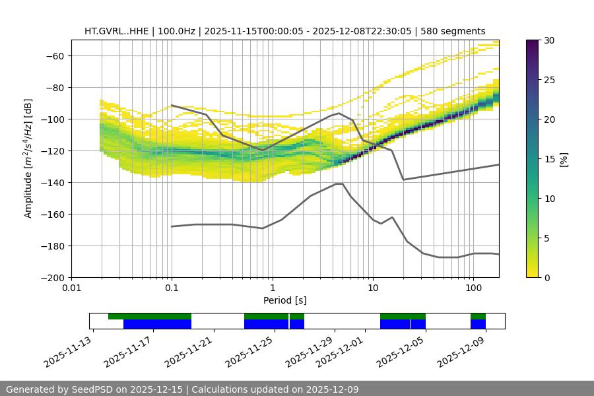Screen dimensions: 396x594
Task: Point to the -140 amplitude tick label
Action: pos(53,182)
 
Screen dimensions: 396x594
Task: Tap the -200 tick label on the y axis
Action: pos(53,277)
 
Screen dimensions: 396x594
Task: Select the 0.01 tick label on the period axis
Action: pos(71,288)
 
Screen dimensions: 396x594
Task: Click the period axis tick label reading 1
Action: pos(272,288)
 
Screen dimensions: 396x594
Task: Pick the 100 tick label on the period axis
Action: pos(473,288)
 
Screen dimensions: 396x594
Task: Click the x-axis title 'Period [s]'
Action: pos(284,300)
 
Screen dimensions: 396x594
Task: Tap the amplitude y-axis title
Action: pos(28,158)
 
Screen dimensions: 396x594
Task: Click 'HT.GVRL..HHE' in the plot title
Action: pos(116,31)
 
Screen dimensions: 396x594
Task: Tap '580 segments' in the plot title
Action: pos(455,31)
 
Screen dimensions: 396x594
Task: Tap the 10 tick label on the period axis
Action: pos(372,288)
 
